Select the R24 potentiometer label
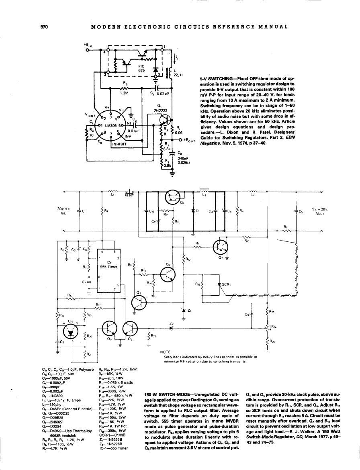click(274, 327)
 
